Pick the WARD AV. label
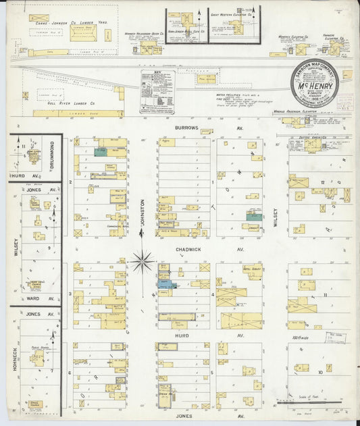tap(34, 297)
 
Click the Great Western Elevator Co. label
tap(231, 14)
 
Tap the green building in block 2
tap(101, 153)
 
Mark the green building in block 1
tap(254, 217)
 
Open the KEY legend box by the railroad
tap(157, 91)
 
